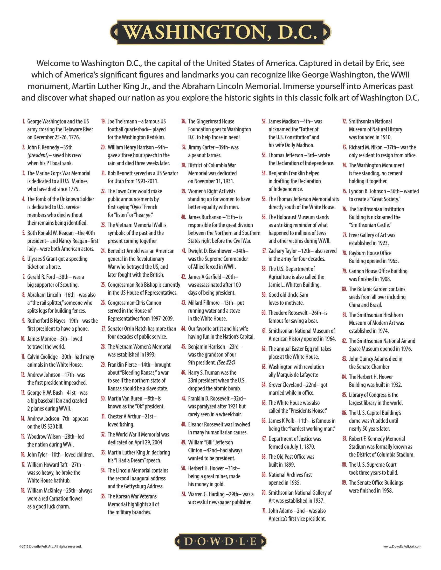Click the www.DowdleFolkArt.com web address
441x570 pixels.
(402, 546)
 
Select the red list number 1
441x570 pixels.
(24, 121)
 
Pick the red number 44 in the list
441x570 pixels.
(183, 329)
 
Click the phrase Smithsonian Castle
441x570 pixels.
(371, 225)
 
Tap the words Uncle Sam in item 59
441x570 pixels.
(298, 295)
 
